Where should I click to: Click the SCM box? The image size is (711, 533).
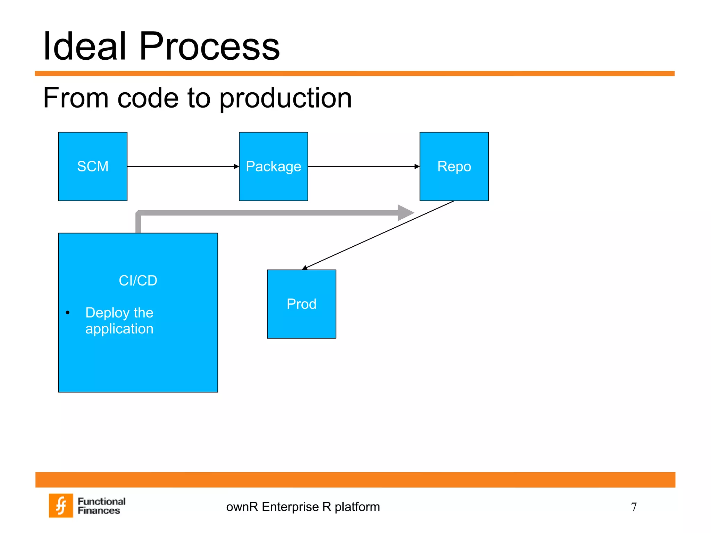(93, 166)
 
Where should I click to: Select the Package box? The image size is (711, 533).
(273, 166)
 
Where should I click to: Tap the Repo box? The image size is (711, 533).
(454, 166)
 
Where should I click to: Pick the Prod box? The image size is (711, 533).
(301, 304)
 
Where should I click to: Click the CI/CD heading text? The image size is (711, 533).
(138, 280)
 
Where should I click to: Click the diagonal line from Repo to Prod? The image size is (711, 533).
(378, 235)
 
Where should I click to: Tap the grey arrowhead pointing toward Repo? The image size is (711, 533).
(405, 213)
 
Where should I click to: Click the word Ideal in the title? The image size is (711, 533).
(84, 46)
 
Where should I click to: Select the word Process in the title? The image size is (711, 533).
(209, 46)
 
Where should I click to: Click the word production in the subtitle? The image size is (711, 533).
(285, 98)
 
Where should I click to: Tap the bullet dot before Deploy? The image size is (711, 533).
(68, 313)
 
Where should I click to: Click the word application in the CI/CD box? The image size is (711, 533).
(119, 329)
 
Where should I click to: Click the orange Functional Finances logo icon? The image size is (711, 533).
(61, 506)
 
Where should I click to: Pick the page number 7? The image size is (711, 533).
(634, 507)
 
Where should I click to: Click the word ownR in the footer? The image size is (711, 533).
(242, 507)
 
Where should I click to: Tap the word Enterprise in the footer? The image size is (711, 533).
(290, 507)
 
